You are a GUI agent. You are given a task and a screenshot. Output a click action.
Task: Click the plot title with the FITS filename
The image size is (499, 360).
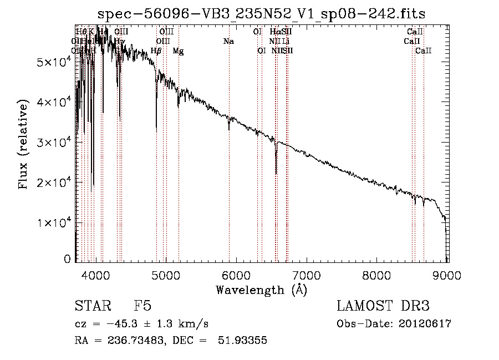pos(261,14)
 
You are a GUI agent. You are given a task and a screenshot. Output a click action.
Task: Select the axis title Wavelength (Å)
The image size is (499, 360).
pos(261,290)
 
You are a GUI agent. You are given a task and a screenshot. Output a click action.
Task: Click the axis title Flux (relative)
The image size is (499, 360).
pos(24,145)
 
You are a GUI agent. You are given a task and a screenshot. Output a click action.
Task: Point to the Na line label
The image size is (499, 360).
pos(228,41)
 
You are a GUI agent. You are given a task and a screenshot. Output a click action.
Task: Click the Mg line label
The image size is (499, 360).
pos(178,51)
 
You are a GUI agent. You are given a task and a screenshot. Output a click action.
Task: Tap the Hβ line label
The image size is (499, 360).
pos(156,51)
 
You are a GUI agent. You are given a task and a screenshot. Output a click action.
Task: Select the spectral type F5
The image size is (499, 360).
pos(142,306)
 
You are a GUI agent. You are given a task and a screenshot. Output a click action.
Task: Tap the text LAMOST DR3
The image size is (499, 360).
pos(383,306)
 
